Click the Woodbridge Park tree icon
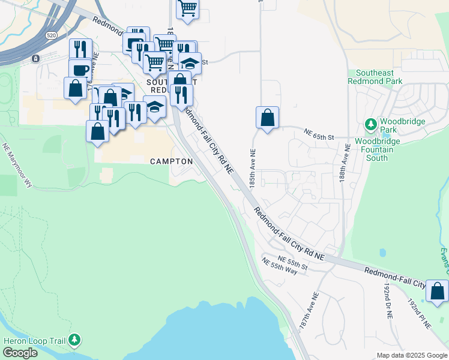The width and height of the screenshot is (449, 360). point(371,125)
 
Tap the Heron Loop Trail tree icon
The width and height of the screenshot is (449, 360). point(74,340)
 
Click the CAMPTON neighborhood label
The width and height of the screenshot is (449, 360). point(171,161)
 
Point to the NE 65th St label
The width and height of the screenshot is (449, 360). point(318,134)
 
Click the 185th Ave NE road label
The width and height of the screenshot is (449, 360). point(253,169)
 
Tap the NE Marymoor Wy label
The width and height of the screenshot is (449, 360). point(17,165)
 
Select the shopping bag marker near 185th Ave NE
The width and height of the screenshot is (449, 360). point(267,117)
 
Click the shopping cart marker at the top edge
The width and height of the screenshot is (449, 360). point(187,8)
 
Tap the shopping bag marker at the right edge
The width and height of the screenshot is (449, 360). point(437,290)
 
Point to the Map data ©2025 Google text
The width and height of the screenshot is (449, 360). point(411,355)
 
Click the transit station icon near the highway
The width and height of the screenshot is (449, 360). point(35,58)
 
